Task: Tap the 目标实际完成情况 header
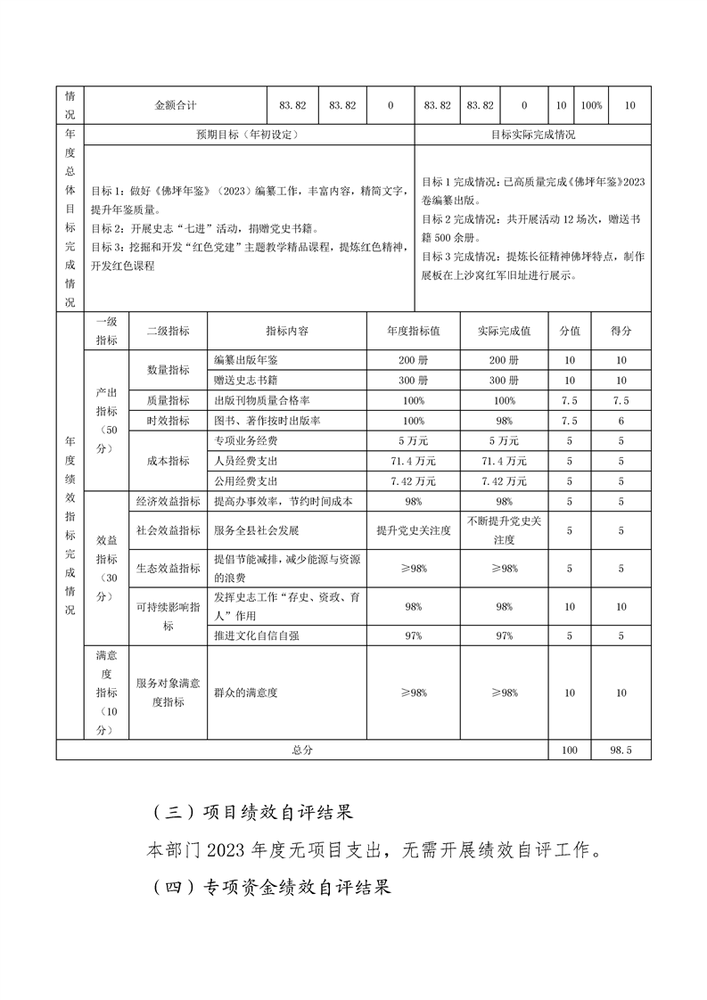pyautogui.click(x=533, y=135)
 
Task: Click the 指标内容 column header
pyautogui.click(x=286, y=331)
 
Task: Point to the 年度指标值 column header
pyautogui.click(x=413, y=331)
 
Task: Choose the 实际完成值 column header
pyautogui.click(x=504, y=331)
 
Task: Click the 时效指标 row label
pyautogui.click(x=168, y=421)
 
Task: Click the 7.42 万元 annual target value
pyautogui.click(x=413, y=481)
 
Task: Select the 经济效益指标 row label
pyautogui.click(x=168, y=501)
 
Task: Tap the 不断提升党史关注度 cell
pyautogui.click(x=504, y=530)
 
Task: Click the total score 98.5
pyautogui.click(x=621, y=750)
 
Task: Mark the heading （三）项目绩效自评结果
pyautogui.click(x=254, y=813)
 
